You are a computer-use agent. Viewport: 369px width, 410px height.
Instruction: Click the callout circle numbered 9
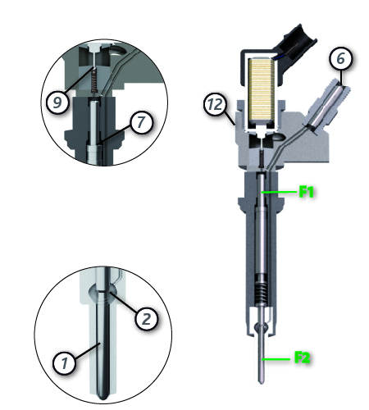pos(57,102)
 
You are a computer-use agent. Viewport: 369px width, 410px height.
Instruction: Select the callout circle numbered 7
pos(140,122)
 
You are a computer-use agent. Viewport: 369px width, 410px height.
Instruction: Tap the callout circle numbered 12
pos(216,104)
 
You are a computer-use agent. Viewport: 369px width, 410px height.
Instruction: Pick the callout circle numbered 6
pos(340,58)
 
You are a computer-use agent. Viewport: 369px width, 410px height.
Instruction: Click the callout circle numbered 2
pos(147,318)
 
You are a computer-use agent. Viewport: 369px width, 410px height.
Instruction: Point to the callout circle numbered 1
pos(64,363)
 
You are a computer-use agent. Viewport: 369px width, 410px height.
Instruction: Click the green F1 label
pos(306,191)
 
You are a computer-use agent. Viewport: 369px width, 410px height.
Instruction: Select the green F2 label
pos(303,358)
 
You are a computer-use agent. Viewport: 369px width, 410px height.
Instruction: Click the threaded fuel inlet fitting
pos(326,105)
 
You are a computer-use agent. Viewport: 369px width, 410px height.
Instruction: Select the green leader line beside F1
pos(279,192)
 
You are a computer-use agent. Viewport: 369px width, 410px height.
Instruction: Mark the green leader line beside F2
pos(276,358)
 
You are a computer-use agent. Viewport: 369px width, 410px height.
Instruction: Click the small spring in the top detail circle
pos(94,80)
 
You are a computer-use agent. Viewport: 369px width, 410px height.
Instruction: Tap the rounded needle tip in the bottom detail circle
pos(103,394)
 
